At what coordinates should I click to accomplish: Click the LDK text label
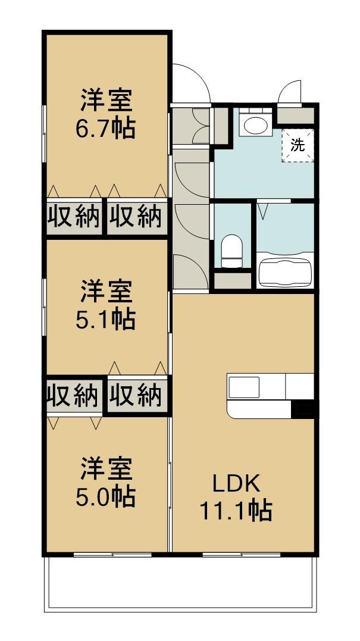(237, 483)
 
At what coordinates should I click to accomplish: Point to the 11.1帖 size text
(236, 510)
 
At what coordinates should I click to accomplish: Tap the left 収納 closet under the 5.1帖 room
(74, 395)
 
